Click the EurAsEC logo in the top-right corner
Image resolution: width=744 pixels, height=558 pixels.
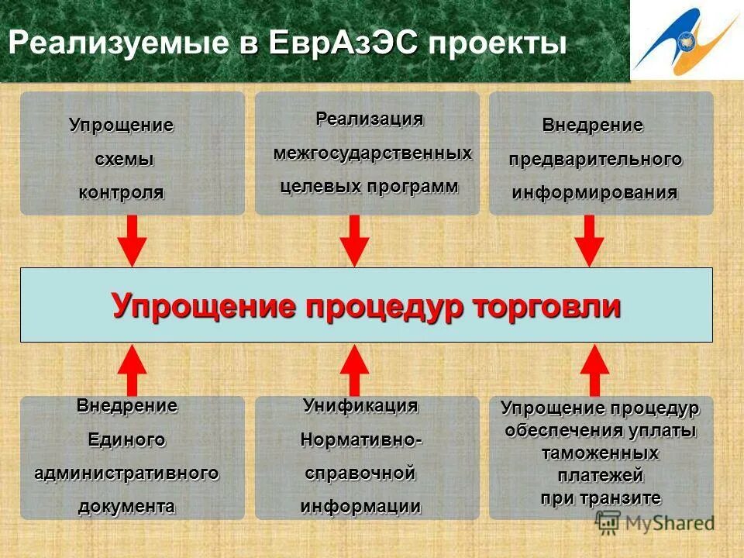[687, 40]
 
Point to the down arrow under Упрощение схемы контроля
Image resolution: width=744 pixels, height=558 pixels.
[133, 241]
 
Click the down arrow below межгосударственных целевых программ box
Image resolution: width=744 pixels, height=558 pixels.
[355, 241]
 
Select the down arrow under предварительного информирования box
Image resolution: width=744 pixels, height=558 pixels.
[589, 241]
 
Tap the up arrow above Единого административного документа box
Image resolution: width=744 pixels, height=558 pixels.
[133, 370]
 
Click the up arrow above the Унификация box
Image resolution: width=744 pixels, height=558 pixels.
[355, 370]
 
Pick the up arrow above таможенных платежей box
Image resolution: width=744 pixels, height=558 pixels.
[594, 370]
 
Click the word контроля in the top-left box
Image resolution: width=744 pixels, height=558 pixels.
[121, 193]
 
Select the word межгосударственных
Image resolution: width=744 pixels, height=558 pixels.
[373, 153]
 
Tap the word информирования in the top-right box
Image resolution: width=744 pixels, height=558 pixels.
[594, 193]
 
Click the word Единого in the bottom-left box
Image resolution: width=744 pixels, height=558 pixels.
[126, 439]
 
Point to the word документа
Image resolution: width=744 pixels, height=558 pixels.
[126, 507]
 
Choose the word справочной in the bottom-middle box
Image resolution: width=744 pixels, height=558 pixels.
[360, 473]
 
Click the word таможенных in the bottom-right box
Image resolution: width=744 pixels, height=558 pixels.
[601, 453]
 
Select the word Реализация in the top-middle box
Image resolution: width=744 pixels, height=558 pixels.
[370, 119]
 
